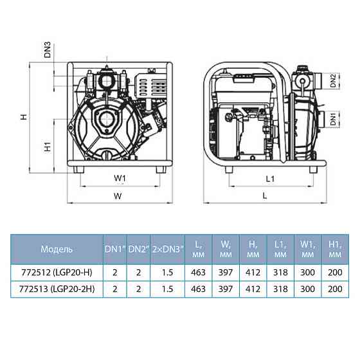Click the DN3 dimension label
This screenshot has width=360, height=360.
(x=48, y=50)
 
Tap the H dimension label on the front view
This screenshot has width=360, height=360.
(x=24, y=117)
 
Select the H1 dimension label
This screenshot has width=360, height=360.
(x=48, y=147)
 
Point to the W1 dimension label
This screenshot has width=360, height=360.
(x=120, y=179)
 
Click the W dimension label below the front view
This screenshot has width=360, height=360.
(x=118, y=196)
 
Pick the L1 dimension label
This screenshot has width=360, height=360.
(x=270, y=179)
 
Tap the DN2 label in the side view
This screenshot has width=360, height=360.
(x=333, y=80)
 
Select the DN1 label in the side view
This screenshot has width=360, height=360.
(x=333, y=119)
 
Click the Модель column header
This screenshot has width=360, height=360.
(x=57, y=249)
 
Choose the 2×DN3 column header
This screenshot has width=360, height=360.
(x=168, y=249)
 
